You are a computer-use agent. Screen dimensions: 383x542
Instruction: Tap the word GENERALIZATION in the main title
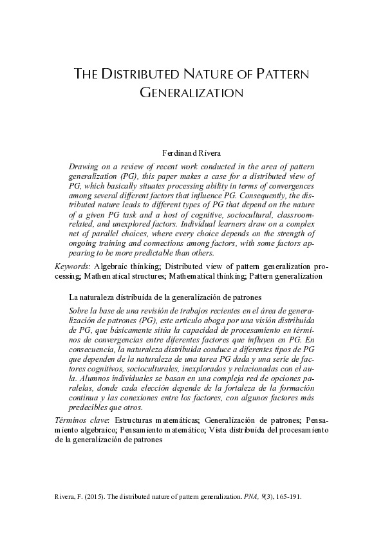pyautogui.click(x=191, y=93)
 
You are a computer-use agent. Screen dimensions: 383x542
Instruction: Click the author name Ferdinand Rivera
pyautogui.click(x=192, y=153)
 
